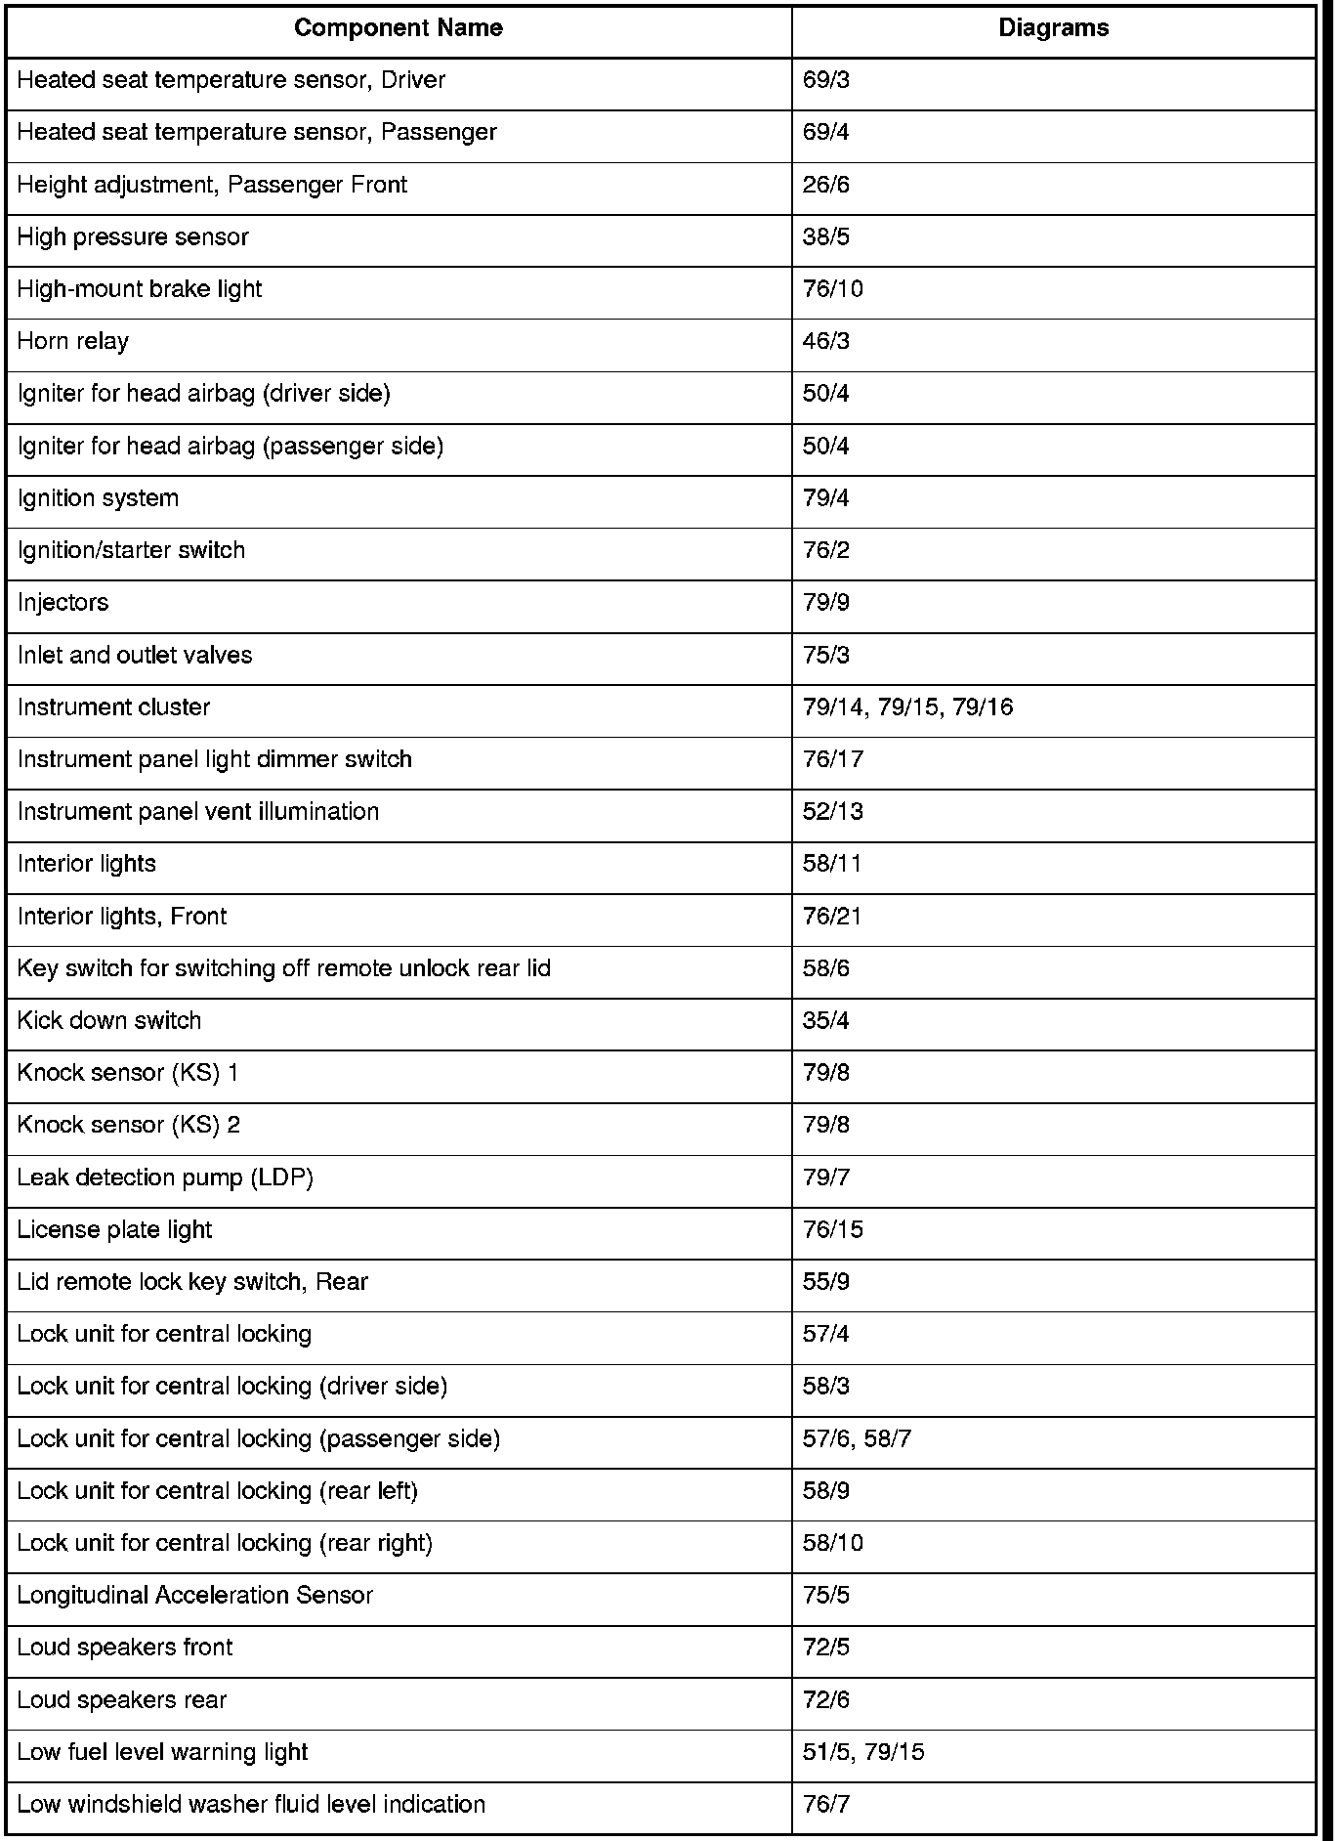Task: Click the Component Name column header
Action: point(399,28)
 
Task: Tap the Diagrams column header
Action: point(1053,28)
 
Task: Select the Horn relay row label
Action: point(73,341)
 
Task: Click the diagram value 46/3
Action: point(826,341)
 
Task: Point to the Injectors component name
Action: point(63,602)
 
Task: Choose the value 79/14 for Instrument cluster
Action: point(833,706)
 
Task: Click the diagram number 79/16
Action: point(983,706)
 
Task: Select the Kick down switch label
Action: point(109,1020)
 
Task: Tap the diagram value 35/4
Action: point(826,1020)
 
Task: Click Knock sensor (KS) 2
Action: point(129,1125)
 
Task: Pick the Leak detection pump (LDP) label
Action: point(165,1177)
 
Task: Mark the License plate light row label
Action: point(114,1229)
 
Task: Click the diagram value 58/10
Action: point(833,1543)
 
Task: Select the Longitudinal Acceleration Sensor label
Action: point(195,1595)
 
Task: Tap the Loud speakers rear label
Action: point(122,1699)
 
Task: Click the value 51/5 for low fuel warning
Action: point(826,1752)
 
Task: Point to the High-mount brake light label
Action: point(140,289)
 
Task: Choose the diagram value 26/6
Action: point(826,185)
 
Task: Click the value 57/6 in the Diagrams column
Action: point(826,1438)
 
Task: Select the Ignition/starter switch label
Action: point(131,550)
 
